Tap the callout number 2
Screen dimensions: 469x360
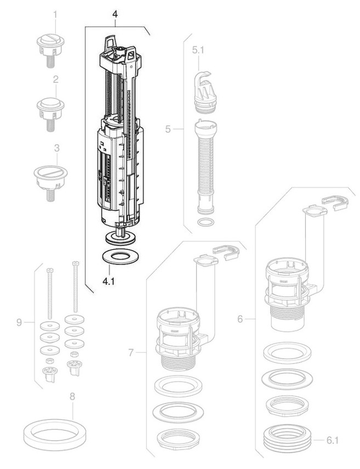click(55, 79)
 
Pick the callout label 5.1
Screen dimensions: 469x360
click(198, 50)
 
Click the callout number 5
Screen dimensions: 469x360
click(169, 129)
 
